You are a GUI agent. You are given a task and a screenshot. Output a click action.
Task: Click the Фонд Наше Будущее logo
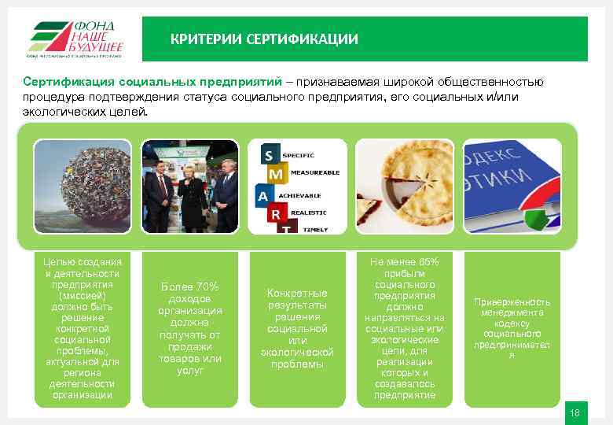click(x=75, y=38)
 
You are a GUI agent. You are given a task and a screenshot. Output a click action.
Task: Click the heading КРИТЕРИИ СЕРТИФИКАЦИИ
click(x=264, y=39)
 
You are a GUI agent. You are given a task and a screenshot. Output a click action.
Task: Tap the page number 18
click(x=574, y=413)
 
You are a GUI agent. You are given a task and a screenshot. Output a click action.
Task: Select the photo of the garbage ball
click(x=83, y=186)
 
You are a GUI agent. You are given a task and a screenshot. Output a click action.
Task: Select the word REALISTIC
click(x=310, y=211)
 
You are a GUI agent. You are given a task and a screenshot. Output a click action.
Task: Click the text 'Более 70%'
click(x=189, y=286)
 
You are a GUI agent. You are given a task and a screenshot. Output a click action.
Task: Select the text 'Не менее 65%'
click(x=405, y=261)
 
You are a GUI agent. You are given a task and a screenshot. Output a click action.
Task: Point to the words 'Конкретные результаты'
click(x=297, y=298)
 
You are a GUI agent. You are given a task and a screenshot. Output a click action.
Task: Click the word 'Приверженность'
click(x=512, y=302)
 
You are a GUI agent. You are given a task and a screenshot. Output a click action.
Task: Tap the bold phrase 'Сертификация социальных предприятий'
click(x=152, y=82)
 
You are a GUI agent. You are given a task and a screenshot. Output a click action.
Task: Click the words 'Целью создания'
click(x=83, y=261)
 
